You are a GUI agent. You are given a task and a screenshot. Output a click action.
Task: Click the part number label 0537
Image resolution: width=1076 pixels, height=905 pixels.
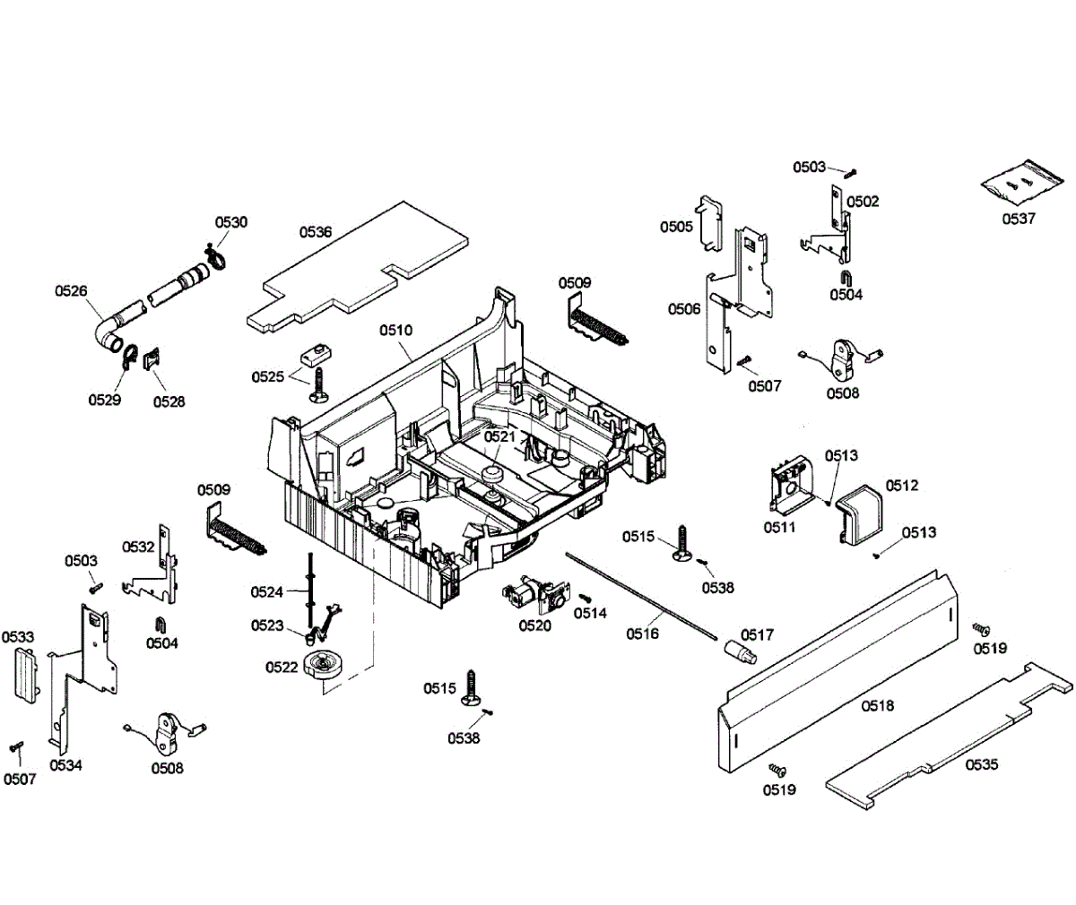pyautogui.click(x=1019, y=219)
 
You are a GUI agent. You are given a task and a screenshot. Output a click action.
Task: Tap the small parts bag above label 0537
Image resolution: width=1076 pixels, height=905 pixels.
pyautogui.click(x=1021, y=183)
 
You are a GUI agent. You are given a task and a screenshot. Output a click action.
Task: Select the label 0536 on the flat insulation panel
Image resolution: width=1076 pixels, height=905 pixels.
pyautogui.click(x=316, y=232)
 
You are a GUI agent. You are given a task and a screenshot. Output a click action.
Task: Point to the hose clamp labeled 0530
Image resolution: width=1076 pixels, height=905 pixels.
pyautogui.click(x=215, y=257)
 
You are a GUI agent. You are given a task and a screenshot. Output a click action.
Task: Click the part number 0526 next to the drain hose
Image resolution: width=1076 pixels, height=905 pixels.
pyautogui.click(x=71, y=291)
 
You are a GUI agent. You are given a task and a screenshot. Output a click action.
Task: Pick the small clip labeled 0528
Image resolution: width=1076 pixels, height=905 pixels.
pyautogui.click(x=151, y=358)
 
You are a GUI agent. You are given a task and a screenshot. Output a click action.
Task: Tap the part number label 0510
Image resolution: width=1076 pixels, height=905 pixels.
pyautogui.click(x=395, y=330)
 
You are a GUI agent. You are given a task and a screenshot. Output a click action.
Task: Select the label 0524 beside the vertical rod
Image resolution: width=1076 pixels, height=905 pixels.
pyautogui.click(x=267, y=592)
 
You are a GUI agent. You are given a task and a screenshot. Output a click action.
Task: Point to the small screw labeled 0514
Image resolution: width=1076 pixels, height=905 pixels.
pyautogui.click(x=585, y=598)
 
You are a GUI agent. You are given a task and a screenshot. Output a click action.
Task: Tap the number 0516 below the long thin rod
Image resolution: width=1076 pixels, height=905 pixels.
pyautogui.click(x=643, y=633)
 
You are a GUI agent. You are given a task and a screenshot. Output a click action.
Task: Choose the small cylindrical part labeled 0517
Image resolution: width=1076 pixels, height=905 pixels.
pyautogui.click(x=742, y=651)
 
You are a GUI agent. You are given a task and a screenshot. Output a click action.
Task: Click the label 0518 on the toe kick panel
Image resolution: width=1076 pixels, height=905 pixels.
pyautogui.click(x=878, y=706)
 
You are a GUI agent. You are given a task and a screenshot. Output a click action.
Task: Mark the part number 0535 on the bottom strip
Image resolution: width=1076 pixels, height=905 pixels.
pyautogui.click(x=982, y=764)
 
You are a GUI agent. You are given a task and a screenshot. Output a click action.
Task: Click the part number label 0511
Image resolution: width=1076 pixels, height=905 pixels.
pyautogui.click(x=780, y=528)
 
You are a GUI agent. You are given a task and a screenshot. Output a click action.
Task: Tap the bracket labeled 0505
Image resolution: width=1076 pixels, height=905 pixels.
pyautogui.click(x=709, y=223)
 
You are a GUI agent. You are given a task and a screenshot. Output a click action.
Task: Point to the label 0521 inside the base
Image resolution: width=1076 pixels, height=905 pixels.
pyautogui.click(x=499, y=436)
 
